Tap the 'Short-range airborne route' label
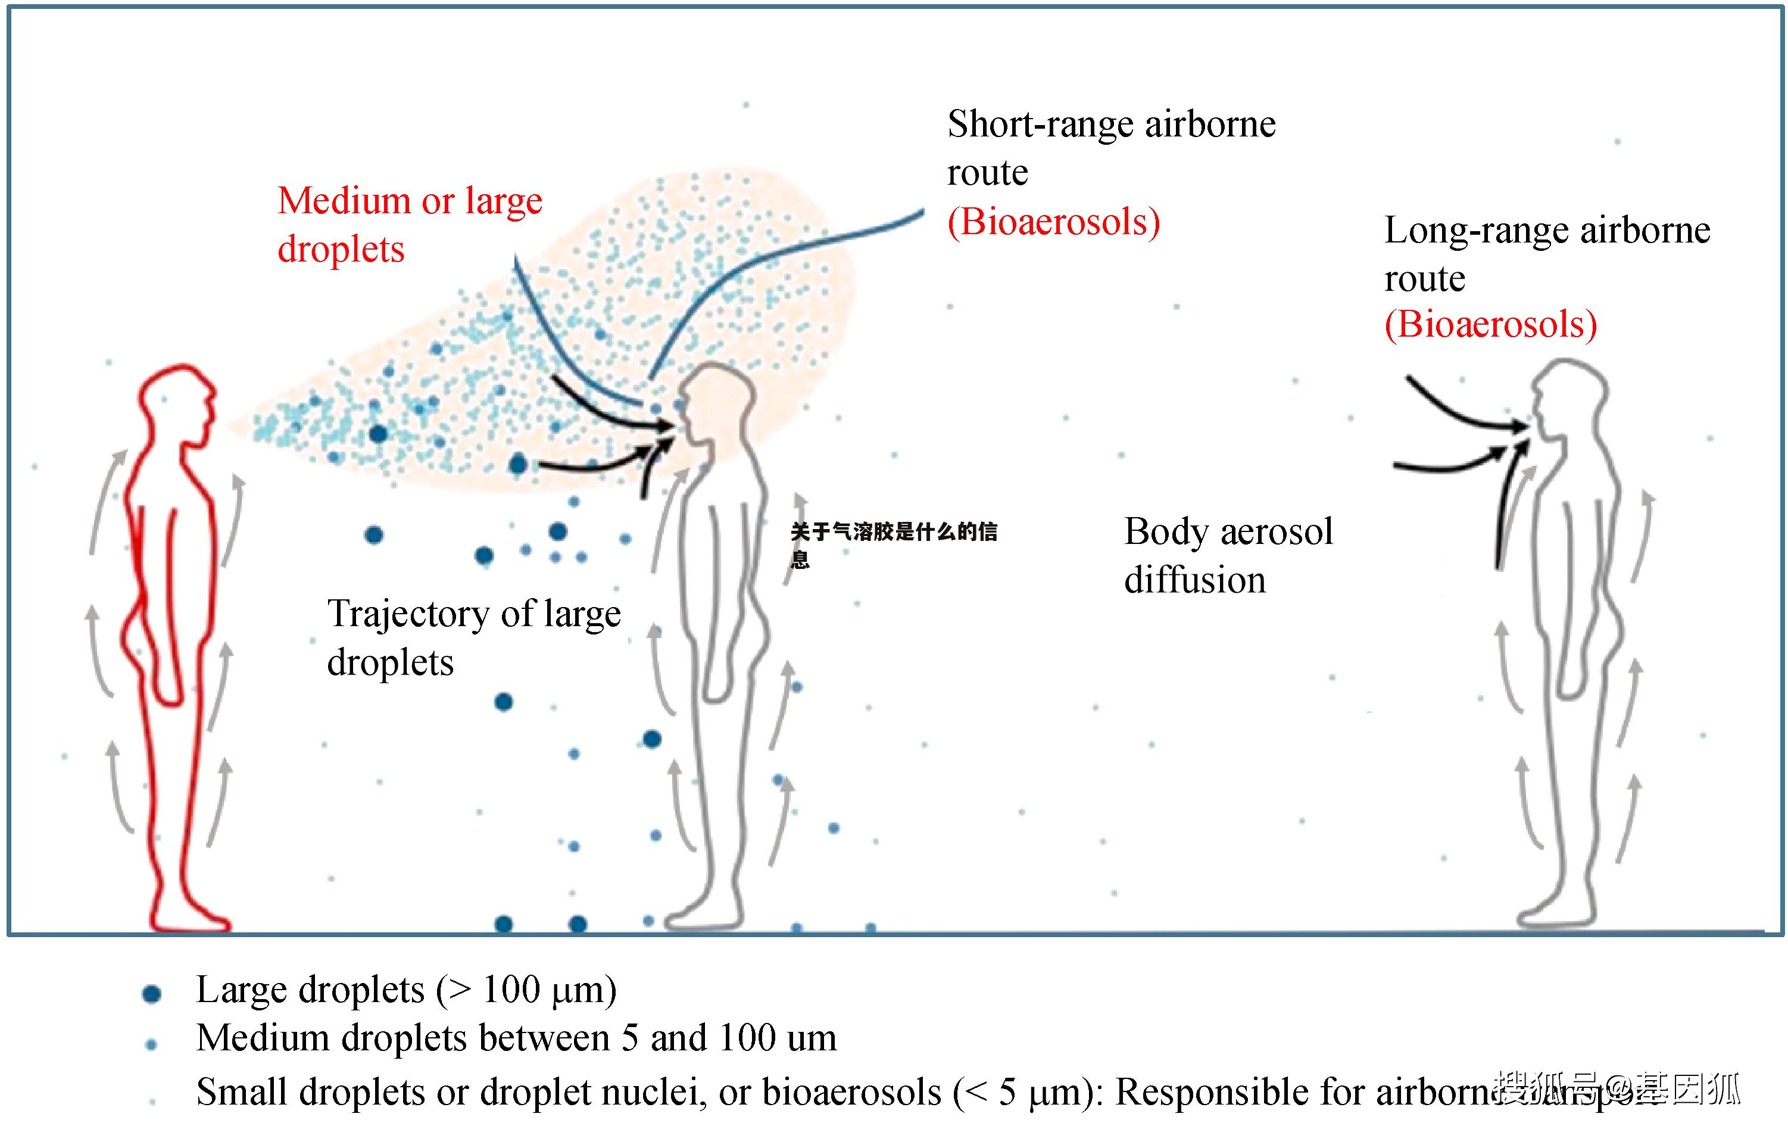[x=1111, y=148]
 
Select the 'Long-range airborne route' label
[x=1547, y=254]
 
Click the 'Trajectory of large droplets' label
[x=474, y=637]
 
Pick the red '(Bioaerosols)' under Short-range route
[x=1053, y=222]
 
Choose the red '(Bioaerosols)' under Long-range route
[x=1490, y=325]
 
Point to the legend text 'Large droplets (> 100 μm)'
[x=406, y=990]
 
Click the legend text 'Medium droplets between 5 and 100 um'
[x=516, y=1038]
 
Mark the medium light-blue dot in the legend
[x=151, y=1044]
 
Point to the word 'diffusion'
[x=1195, y=581]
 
